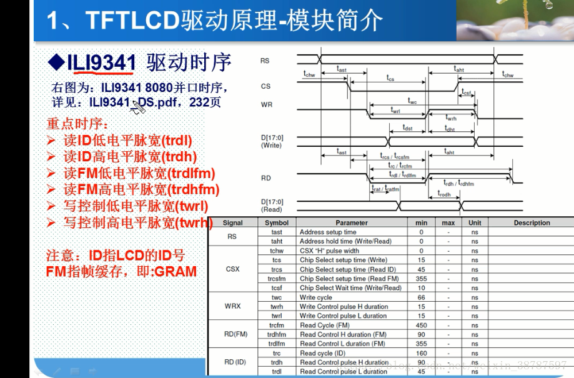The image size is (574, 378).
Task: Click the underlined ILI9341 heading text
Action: point(101,62)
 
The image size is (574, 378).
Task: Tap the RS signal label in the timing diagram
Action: point(265,61)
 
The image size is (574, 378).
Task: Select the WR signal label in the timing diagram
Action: point(266,105)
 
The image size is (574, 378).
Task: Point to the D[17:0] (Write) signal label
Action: point(272,141)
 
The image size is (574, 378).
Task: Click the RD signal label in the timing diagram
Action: point(265,178)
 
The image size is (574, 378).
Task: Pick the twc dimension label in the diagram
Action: point(412,100)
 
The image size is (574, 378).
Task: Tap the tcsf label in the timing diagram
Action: point(466,92)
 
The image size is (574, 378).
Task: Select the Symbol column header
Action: point(277,222)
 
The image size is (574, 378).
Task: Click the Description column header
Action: point(532,222)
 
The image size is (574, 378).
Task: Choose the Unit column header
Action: point(475,222)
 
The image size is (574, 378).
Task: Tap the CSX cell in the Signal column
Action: point(233,269)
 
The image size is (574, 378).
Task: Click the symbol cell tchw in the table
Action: point(277,251)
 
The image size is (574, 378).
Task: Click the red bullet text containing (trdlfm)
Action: point(139,173)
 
